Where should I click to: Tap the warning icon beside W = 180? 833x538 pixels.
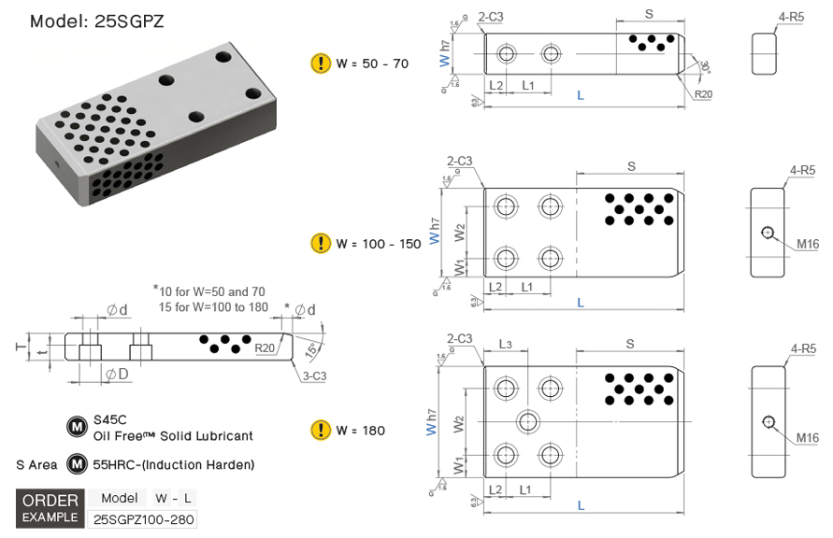pyautogui.click(x=321, y=431)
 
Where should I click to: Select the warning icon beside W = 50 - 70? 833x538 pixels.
pyautogui.click(x=321, y=64)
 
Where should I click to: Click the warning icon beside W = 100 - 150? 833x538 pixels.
pyautogui.click(x=321, y=243)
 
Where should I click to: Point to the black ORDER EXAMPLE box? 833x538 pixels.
pyautogui.click(x=50, y=507)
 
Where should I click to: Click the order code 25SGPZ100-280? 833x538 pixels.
pyautogui.click(x=143, y=519)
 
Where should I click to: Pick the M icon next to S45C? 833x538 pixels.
pyautogui.click(x=76, y=427)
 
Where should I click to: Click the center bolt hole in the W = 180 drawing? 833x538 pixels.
pyautogui.click(x=528, y=420)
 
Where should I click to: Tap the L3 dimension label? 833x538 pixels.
pyautogui.click(x=505, y=345)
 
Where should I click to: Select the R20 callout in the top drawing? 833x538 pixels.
pyautogui.click(x=703, y=94)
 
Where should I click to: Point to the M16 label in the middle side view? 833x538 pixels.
pyautogui.click(x=808, y=245)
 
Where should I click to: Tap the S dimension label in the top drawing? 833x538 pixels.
pyautogui.click(x=649, y=13)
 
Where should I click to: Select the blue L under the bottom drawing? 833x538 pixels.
pyautogui.click(x=581, y=505)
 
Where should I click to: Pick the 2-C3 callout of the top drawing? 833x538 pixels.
pyautogui.click(x=491, y=17)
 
